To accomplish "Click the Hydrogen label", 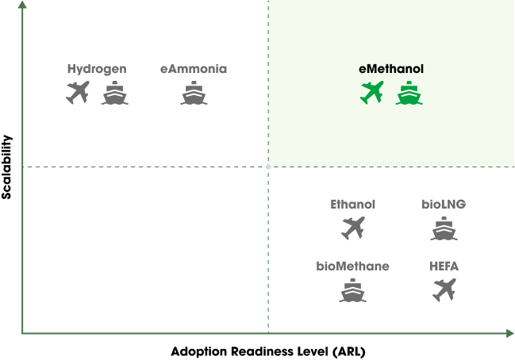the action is (97, 69).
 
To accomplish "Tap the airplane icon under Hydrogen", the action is (78, 93).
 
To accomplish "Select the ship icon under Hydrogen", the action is (114, 93).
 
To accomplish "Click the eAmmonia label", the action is (194, 69).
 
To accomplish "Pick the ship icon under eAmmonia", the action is (194, 93).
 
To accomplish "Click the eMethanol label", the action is (391, 69).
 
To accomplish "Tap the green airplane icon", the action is (372, 93).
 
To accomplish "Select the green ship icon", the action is (409, 93).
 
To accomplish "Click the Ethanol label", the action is (353, 205).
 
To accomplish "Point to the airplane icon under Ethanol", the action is (353, 228).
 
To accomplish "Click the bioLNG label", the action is (444, 205).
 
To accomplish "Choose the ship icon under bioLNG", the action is (444, 228).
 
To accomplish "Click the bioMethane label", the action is (353, 266).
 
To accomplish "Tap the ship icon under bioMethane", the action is (353, 290).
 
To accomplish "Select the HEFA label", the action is (444, 266).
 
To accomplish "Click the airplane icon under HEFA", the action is (444, 289).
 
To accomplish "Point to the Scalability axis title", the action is (6, 167).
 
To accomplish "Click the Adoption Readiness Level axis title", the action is (268, 351).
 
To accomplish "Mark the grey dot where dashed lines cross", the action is (268, 167).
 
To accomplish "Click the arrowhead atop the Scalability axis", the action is (22, 5).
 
